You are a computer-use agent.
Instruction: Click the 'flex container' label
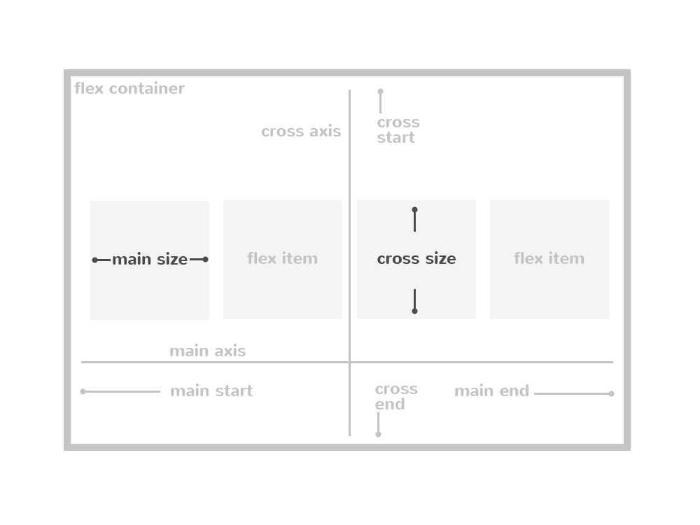tap(129, 89)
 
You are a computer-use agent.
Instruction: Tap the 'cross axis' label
tap(301, 132)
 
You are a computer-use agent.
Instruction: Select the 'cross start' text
tap(398, 130)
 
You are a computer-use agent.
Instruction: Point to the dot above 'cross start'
tap(380, 92)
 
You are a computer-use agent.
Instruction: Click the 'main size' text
tap(150, 260)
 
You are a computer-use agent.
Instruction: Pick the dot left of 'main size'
tap(95, 260)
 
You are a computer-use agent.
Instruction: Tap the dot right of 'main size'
tap(205, 260)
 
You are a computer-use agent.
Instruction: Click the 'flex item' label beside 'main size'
tap(282, 259)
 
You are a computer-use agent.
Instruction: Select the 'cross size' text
tap(416, 259)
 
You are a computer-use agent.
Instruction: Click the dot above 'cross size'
tap(414, 210)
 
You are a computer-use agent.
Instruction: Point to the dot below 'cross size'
tap(414, 311)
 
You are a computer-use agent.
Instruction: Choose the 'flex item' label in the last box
tap(549, 259)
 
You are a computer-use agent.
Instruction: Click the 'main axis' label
tap(208, 351)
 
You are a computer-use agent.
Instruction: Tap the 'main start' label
tap(211, 391)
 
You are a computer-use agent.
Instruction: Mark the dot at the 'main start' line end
tap(83, 392)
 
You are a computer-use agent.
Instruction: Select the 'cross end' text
tap(395, 397)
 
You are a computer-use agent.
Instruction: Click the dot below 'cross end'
tap(378, 435)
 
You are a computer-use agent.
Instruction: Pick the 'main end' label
tap(491, 391)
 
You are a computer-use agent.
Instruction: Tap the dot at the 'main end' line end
tap(611, 393)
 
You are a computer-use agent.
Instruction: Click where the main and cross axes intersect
tap(350, 363)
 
